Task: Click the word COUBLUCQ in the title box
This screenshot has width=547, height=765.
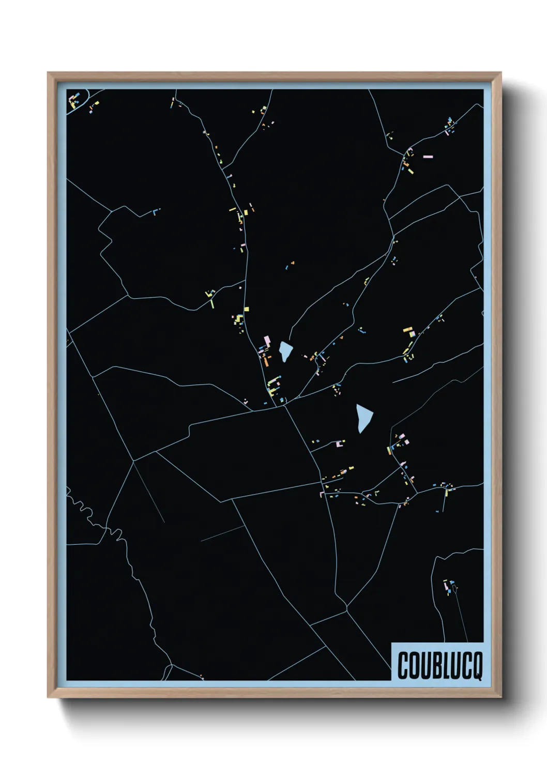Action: pyautogui.click(x=440, y=666)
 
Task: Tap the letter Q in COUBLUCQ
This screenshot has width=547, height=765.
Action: pyautogui.click(x=477, y=667)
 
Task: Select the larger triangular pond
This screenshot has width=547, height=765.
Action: pyautogui.click(x=364, y=418)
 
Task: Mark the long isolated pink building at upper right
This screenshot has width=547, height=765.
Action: pyautogui.click(x=428, y=156)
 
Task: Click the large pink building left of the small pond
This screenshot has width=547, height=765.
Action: pyautogui.click(x=267, y=341)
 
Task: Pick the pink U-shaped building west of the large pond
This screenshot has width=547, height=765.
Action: pyautogui.click(x=339, y=443)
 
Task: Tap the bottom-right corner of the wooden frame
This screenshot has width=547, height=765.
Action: pyautogui.click(x=501, y=697)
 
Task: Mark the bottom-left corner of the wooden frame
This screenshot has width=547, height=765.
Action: pyautogui.click(x=49, y=697)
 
